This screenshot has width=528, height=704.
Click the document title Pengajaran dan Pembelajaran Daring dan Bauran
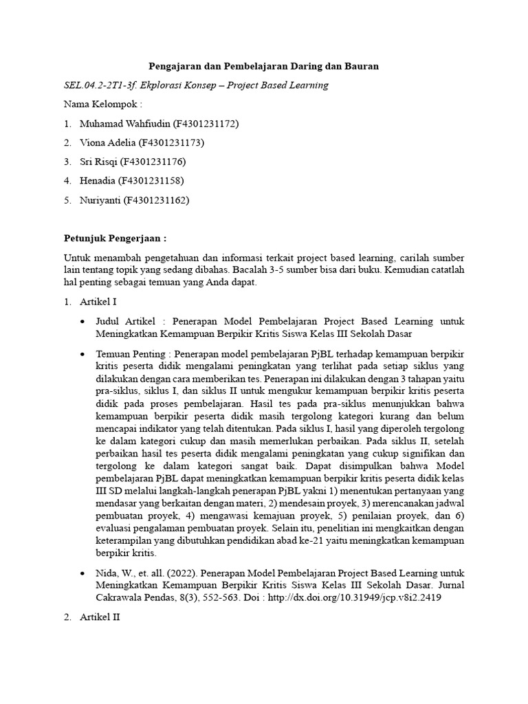coord(264,66)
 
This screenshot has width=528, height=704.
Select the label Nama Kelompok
coord(102,104)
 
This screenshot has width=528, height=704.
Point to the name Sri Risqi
coord(98,162)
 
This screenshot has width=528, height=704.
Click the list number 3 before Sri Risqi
coord(67,162)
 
